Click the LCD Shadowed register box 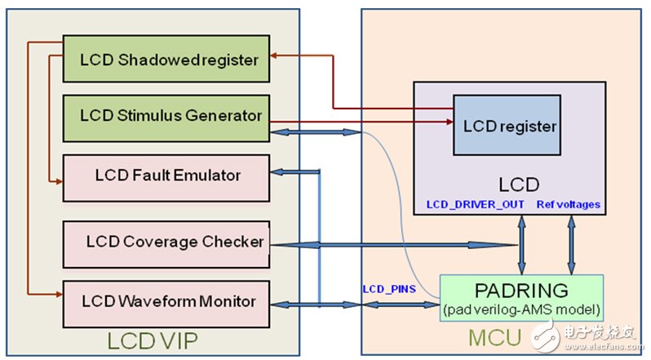166,59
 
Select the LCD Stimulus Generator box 166,116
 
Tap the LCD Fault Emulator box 166,175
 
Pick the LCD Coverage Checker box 166,242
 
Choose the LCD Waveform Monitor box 166,302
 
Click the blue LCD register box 507,126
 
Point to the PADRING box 522,297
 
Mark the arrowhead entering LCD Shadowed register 276,56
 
